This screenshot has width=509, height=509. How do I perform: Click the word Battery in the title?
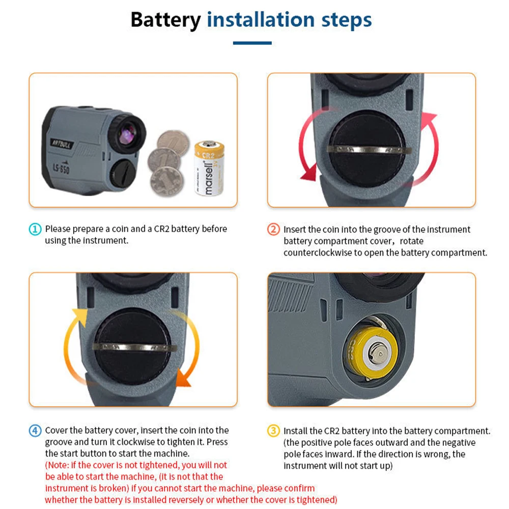click(165, 20)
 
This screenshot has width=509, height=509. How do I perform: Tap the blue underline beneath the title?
click(252, 43)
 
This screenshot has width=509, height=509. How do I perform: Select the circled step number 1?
click(35, 230)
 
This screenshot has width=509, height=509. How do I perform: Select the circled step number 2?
click(273, 230)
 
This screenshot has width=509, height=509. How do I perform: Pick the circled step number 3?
click(273, 431)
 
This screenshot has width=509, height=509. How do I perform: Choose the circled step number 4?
click(35, 431)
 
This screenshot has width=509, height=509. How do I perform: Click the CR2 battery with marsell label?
click(209, 168)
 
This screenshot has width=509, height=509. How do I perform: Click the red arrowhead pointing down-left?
click(308, 174)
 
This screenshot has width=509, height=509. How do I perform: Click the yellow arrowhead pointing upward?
click(79, 316)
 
